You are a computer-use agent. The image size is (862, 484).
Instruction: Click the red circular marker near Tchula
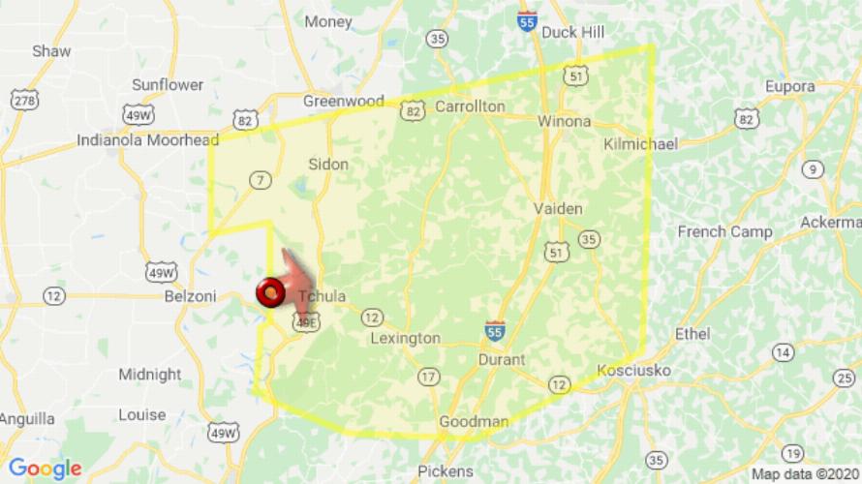click(269, 289)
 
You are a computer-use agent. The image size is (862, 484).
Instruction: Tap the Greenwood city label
click(343, 101)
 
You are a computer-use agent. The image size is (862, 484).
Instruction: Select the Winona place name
click(564, 122)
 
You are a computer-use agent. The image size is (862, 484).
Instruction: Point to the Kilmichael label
click(640, 143)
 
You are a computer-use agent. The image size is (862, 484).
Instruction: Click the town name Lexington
click(406, 339)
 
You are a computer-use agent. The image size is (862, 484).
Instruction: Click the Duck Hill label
click(573, 32)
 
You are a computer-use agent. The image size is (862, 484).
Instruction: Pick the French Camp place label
click(724, 231)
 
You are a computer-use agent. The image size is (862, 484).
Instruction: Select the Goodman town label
click(474, 422)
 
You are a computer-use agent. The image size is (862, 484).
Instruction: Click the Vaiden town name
click(558, 209)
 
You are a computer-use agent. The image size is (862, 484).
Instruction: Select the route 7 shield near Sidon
click(260, 179)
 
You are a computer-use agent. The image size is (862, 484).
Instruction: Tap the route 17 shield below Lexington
click(427, 376)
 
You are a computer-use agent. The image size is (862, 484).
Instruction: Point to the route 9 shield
click(812, 169)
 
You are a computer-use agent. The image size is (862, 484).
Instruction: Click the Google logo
click(45, 469)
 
